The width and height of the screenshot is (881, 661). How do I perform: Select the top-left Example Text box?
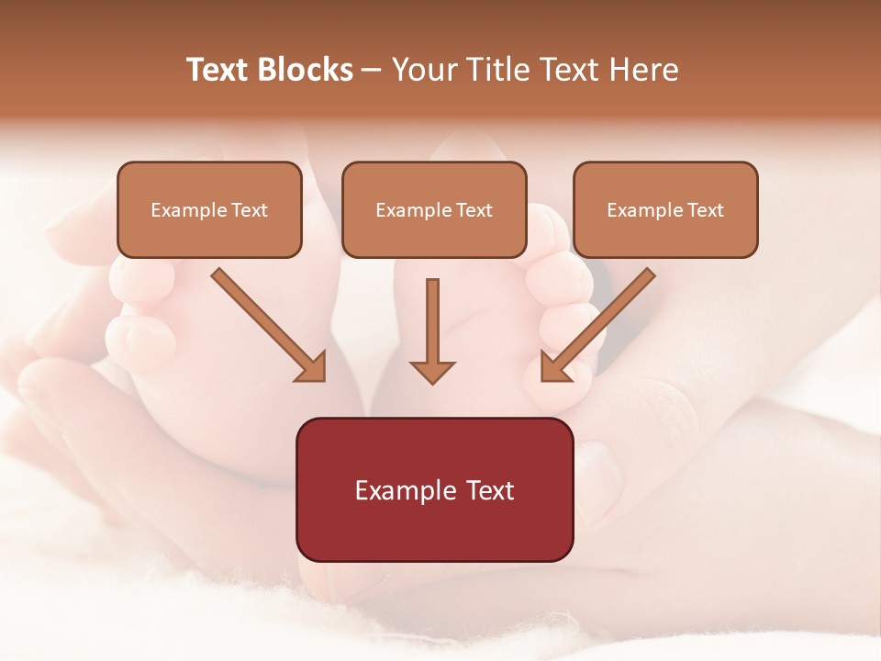coord(209,209)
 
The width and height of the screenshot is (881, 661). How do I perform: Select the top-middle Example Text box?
coord(434,209)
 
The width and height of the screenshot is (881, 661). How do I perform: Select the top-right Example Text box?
coord(665,209)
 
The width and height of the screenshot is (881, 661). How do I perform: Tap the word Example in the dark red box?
coord(406,490)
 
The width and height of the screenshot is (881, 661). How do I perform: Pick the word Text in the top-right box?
coord(706,210)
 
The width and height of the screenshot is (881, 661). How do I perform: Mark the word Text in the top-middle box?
coord(474,210)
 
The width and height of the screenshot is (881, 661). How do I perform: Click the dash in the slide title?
coord(373,70)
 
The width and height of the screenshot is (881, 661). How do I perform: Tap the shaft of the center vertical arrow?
coord(432,317)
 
